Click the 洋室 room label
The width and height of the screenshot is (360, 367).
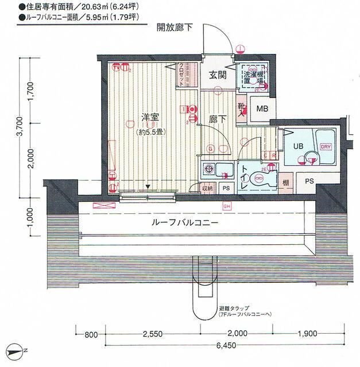pyautogui.click(x=150, y=118)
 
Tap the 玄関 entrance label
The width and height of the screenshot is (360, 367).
pyautogui.click(x=217, y=75)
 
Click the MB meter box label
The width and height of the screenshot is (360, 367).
pyautogui.click(x=262, y=110)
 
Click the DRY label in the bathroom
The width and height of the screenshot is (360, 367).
pyautogui.click(x=325, y=146)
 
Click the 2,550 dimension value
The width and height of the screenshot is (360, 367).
pyautogui.click(x=153, y=333)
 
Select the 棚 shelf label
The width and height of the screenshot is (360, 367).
pyautogui.click(x=285, y=183)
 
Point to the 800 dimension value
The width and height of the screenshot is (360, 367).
pyautogui.click(x=89, y=333)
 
